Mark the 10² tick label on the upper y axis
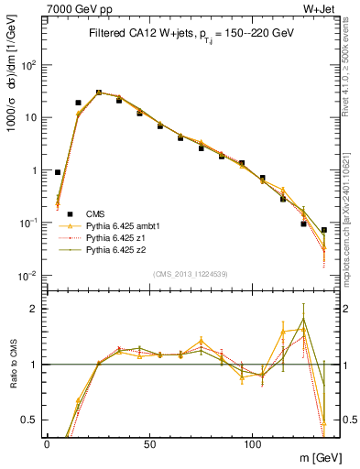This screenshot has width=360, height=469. [29, 65]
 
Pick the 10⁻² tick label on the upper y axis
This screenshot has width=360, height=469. [29, 276]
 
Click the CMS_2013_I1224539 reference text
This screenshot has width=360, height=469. [190, 273]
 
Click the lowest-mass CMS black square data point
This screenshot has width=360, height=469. [58, 172]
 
